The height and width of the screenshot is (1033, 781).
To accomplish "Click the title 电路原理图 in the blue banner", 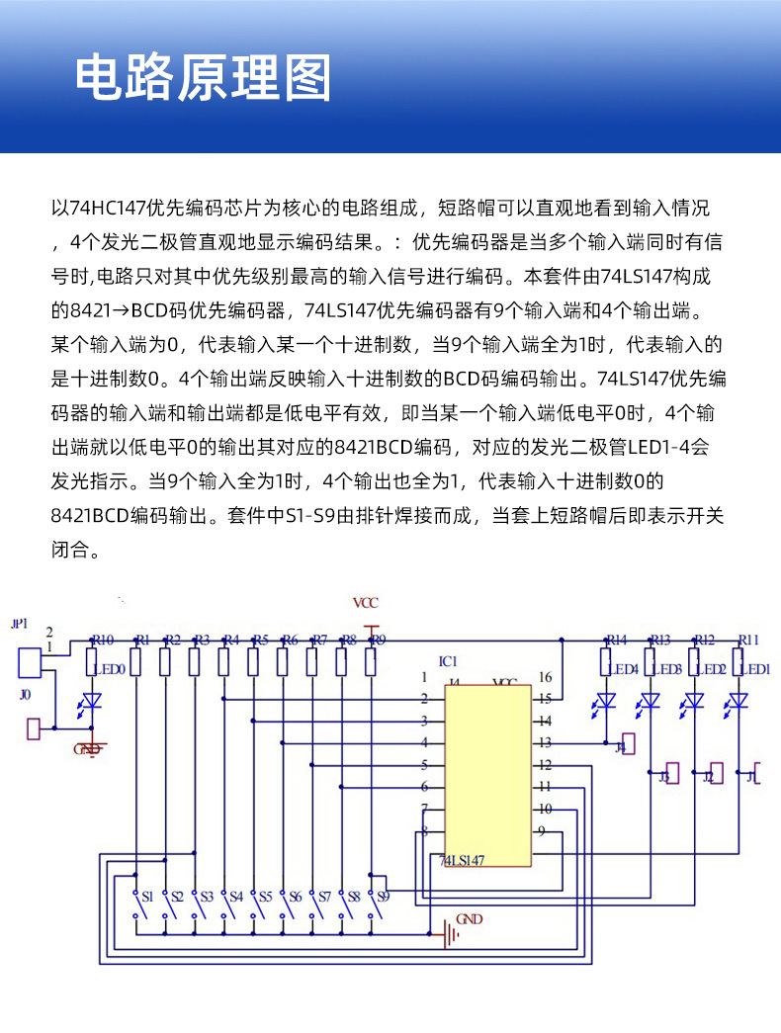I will [x=204, y=77].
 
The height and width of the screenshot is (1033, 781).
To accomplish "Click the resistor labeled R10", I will [x=92, y=661].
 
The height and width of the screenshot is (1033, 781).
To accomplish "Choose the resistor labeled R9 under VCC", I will [x=371, y=661].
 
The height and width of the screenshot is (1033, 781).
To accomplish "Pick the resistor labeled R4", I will [x=224, y=661].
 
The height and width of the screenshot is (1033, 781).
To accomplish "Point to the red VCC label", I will [x=366, y=603].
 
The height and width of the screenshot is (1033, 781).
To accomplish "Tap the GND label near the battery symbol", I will [x=471, y=919].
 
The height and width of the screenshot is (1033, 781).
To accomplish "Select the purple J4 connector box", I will [x=628, y=743].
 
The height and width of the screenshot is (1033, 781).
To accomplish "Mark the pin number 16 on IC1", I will [x=545, y=677].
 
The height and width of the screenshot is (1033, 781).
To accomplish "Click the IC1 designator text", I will [x=448, y=660].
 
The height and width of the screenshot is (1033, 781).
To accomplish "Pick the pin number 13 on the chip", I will [x=545, y=742].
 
